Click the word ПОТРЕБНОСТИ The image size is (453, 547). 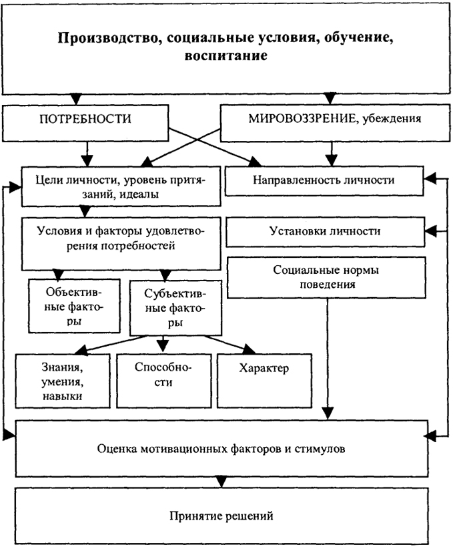tap(85, 119)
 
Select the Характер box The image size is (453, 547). tap(264, 381)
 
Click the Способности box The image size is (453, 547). tap(163, 381)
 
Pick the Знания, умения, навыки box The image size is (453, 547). tap(63, 381)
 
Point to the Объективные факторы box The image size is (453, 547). tap(75, 306)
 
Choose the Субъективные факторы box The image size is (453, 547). tap(175, 308)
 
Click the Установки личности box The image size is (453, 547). tap(326, 232)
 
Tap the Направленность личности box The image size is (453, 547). tap(324, 181)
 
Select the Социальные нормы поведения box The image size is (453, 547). tap(326, 277)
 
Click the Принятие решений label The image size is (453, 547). tap(221, 516)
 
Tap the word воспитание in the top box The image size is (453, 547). tap(225, 56)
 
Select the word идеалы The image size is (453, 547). tap(139, 194)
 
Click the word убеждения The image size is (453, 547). tap(392, 119)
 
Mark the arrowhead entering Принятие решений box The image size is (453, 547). tap(221, 482)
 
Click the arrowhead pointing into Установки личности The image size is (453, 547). tap(431, 231)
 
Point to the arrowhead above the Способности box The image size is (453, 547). tap(163, 345)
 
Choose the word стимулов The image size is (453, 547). tap(320, 449)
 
